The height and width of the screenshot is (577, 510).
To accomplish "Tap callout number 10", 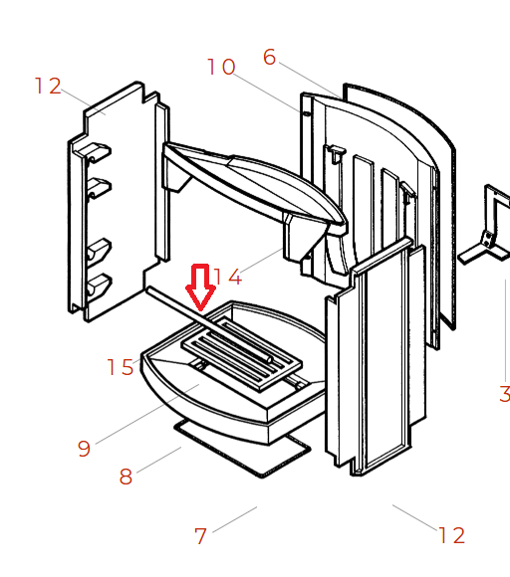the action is click(221, 67).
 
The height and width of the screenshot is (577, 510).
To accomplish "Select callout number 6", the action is click(269, 58).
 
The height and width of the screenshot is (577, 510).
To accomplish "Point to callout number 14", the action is click(228, 277).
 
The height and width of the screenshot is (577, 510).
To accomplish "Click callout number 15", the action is click(120, 367).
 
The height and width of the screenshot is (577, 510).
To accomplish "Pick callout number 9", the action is click(84, 449).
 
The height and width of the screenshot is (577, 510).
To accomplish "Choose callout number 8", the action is click(126, 477).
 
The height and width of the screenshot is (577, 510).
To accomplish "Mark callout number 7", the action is click(200, 536).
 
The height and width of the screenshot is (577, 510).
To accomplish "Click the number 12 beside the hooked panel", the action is click(48, 87).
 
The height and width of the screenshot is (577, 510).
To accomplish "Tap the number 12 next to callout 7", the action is click(452, 535).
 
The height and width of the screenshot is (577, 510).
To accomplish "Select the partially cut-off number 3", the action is click(504, 394).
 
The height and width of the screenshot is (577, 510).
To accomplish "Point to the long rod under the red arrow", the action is click(209, 325).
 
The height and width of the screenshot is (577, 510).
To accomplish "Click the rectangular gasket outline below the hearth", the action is click(242, 449).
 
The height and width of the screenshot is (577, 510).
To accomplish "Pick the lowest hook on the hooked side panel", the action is click(98, 285).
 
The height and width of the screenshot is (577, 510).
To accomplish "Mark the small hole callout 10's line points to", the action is click(306, 113).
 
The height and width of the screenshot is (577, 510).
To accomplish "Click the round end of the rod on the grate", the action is click(270, 359).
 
